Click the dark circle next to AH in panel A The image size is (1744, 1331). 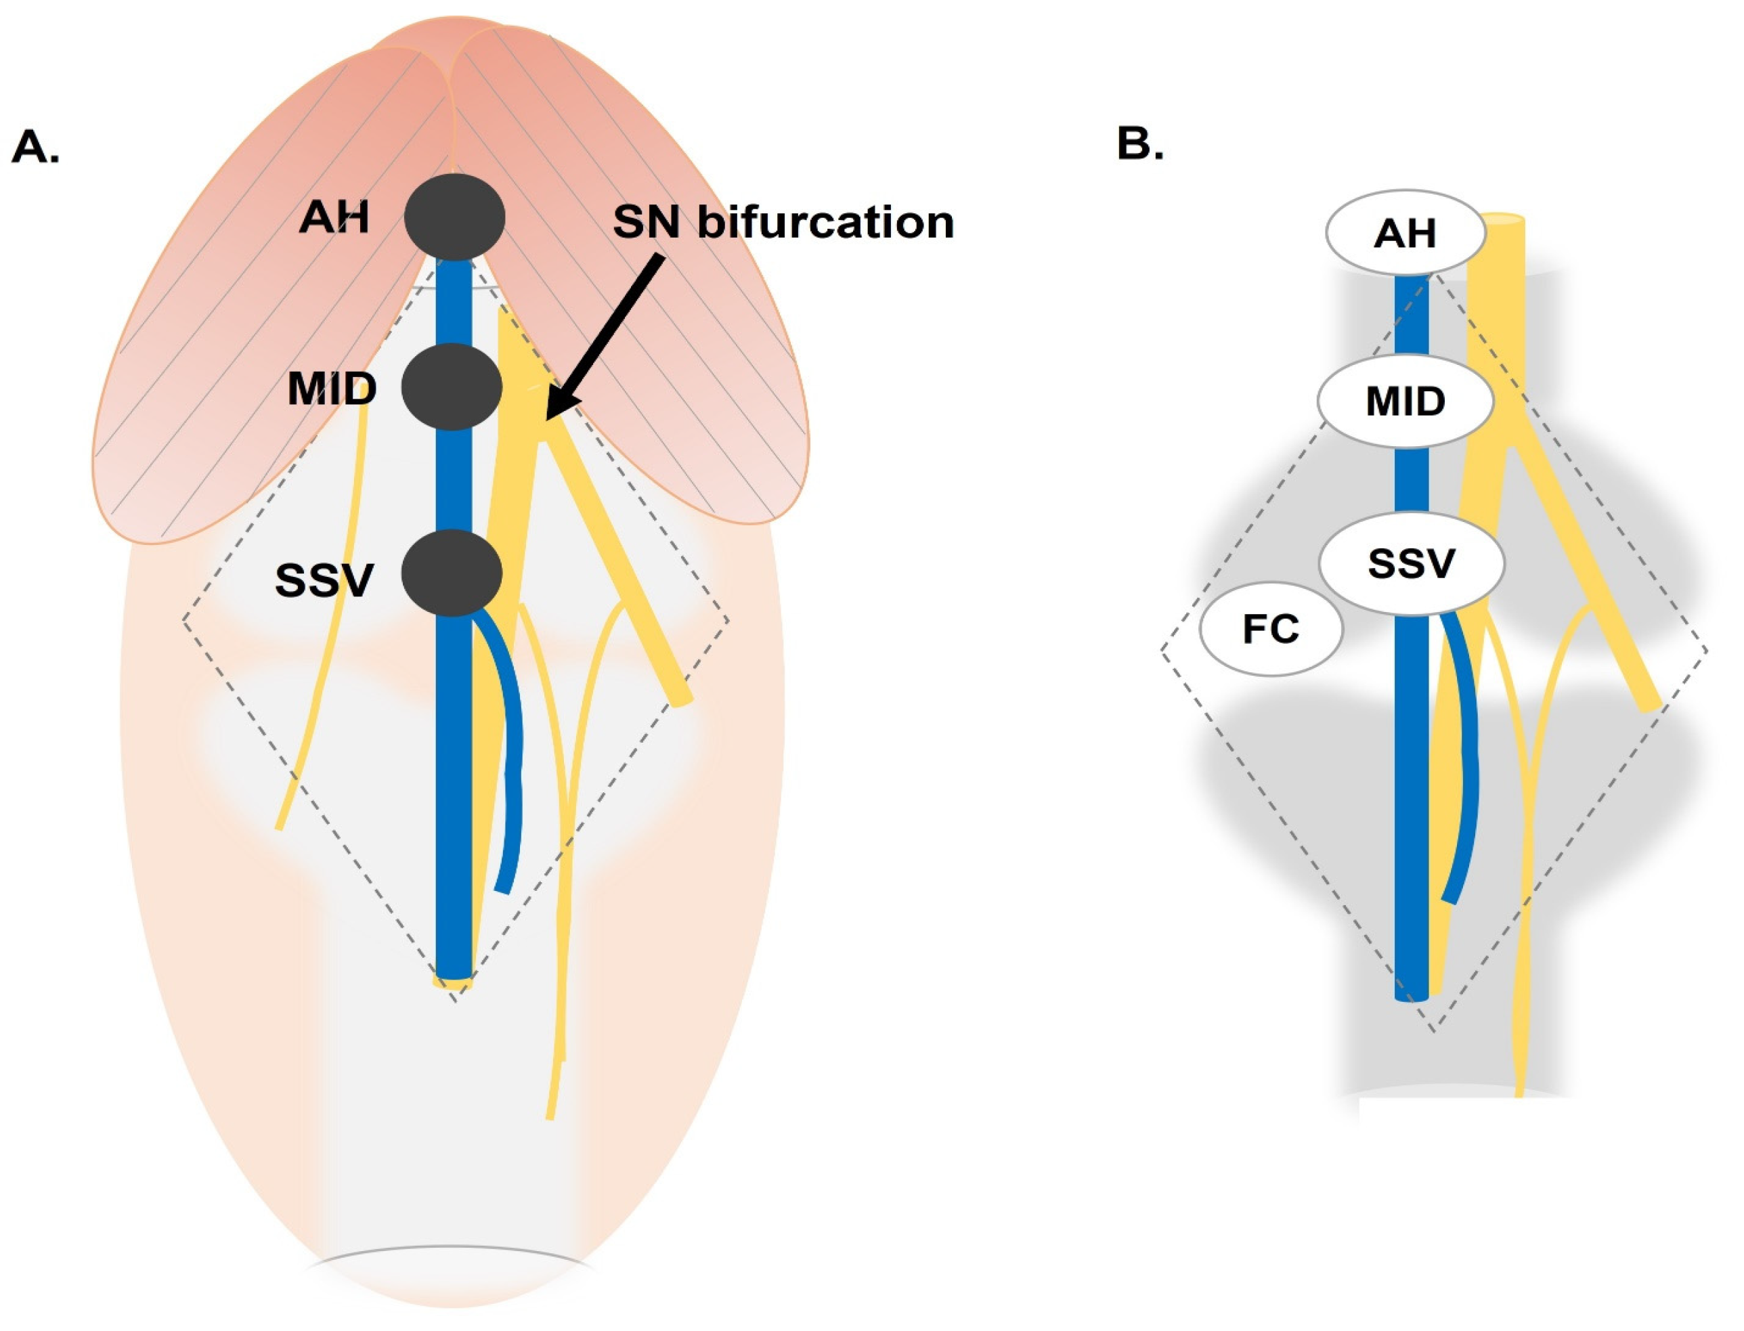(x=454, y=217)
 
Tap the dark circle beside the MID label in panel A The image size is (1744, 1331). (x=452, y=387)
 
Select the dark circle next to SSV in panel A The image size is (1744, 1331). (x=452, y=573)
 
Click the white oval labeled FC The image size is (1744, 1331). (x=1271, y=629)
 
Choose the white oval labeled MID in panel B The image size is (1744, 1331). (x=1405, y=401)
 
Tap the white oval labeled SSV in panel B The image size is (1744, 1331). (x=1410, y=564)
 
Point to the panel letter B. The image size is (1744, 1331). (x=1139, y=144)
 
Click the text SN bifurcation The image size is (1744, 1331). (x=783, y=222)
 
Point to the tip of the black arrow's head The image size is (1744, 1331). (x=547, y=418)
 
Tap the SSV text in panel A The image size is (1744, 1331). (x=324, y=581)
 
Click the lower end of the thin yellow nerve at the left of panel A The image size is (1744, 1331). (x=279, y=827)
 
